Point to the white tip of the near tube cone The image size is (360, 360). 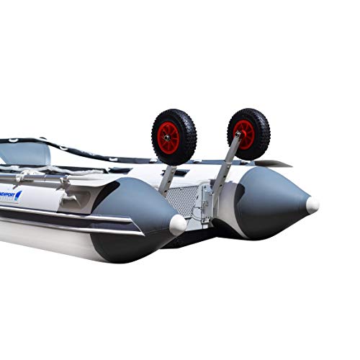coord(178,225)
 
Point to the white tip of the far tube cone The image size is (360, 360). coord(312,205)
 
